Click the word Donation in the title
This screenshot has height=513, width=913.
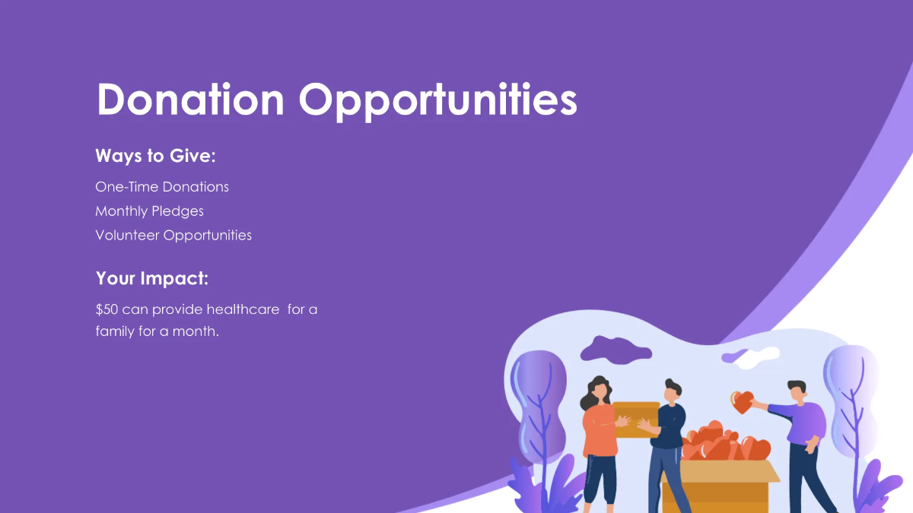[x=190, y=100]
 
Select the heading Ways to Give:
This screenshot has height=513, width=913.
[x=156, y=156]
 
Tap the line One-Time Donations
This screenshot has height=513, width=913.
[x=162, y=187]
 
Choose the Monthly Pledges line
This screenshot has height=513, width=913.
[x=149, y=211]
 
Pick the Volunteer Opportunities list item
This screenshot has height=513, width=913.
[x=173, y=236]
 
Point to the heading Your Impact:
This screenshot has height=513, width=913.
[x=152, y=279]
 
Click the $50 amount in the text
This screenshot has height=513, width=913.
[x=107, y=310]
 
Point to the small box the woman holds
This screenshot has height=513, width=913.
[x=638, y=415]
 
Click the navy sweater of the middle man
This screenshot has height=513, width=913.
[x=670, y=426]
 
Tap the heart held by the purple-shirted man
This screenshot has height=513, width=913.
[x=743, y=401]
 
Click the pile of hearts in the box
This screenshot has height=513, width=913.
[x=719, y=445]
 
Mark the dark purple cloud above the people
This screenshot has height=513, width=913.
[x=615, y=348]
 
